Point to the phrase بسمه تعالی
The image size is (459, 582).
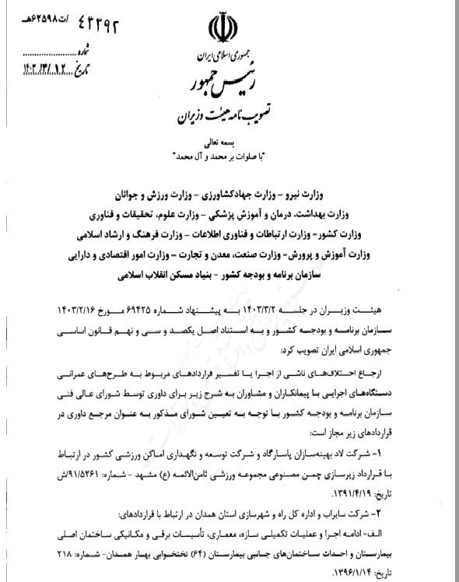(x=230, y=143)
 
